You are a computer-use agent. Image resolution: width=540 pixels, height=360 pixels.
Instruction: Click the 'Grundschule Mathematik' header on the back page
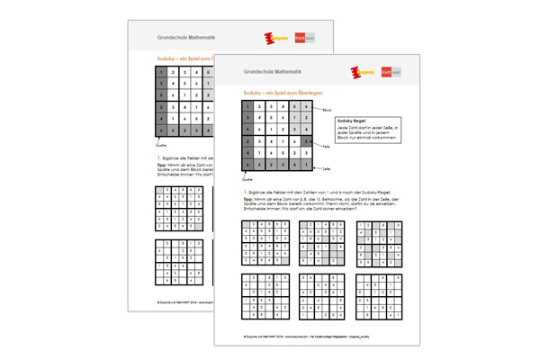pos(180,39)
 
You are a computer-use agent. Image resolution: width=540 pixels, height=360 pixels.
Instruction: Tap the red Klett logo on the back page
pos(301,39)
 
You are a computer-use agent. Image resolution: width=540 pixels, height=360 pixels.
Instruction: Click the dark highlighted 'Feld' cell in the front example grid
pos(309,141)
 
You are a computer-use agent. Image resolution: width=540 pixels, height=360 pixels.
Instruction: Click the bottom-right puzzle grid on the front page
pos(379,294)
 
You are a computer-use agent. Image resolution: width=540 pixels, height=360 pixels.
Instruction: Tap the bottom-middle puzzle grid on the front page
pos(321,294)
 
